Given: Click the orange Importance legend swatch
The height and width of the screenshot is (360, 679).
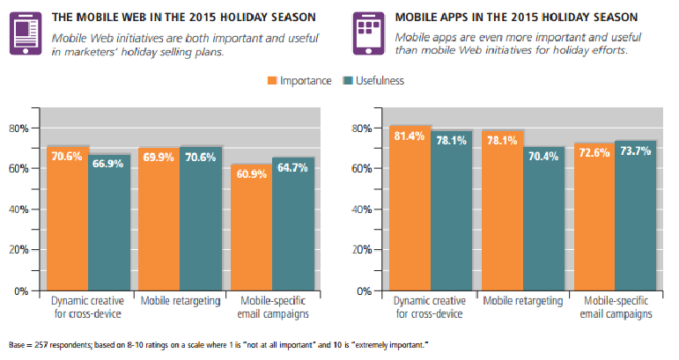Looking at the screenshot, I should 273,81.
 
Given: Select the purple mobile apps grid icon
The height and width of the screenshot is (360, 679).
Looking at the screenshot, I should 366,34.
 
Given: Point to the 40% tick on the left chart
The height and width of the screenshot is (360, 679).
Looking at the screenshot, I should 18,209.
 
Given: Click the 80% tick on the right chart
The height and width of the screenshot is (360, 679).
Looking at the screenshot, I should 362,129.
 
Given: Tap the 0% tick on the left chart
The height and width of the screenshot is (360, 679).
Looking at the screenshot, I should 21,290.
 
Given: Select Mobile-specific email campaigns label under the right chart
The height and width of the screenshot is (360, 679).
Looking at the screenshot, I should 614,308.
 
